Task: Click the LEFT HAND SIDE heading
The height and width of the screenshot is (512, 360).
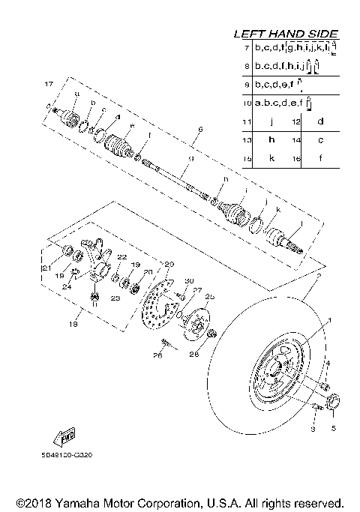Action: (286, 34)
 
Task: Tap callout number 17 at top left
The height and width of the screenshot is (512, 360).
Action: (49, 82)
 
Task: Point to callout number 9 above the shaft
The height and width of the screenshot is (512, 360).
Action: (190, 158)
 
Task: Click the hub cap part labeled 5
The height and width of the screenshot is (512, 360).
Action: (334, 403)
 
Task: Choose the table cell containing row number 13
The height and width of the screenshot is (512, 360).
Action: (244, 140)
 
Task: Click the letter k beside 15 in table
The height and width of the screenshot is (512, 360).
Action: (271, 160)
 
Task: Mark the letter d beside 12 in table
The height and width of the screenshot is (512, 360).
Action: (319, 121)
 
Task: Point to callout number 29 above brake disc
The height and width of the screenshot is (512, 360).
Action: (169, 264)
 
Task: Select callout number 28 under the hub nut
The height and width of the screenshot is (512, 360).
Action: (194, 353)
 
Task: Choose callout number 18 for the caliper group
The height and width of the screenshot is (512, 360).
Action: (73, 325)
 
